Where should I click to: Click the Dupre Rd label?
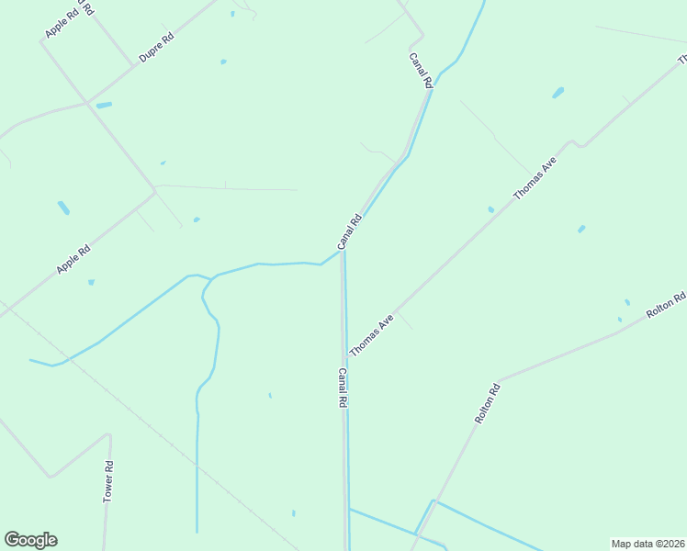[156, 48]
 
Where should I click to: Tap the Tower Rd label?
[108, 480]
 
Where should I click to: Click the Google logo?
[30, 540]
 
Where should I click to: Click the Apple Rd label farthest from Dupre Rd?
[73, 258]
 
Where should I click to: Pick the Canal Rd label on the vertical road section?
[342, 388]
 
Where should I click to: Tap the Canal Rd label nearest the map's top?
[421, 70]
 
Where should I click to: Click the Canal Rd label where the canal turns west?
[350, 231]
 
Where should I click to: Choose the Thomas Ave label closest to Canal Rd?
[371, 335]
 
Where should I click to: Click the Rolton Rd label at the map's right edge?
[666, 306]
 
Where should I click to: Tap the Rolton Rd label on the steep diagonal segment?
[487, 402]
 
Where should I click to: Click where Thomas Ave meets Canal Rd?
[345, 359]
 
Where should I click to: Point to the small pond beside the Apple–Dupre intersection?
[104, 106]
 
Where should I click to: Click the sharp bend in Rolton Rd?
[499, 379]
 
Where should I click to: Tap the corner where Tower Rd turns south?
[108, 434]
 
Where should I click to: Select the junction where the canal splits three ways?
[212, 276]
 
